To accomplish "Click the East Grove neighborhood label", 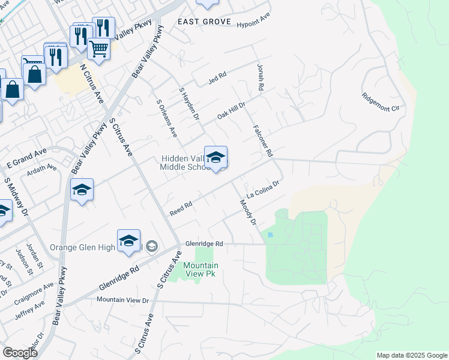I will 205,22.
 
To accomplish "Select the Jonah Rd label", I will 261,77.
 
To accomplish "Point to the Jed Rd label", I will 217,77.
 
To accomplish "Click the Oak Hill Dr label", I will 232,110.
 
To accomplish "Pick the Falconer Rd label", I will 264,141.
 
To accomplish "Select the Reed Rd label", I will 181,208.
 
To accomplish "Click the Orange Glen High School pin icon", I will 128,241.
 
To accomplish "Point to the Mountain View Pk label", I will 200,269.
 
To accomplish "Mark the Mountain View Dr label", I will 122,299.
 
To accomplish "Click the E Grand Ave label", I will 26,159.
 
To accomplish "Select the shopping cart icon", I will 98,49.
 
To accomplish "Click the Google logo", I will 20,353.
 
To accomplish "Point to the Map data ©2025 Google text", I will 411,355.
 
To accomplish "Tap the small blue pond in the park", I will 270,235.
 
